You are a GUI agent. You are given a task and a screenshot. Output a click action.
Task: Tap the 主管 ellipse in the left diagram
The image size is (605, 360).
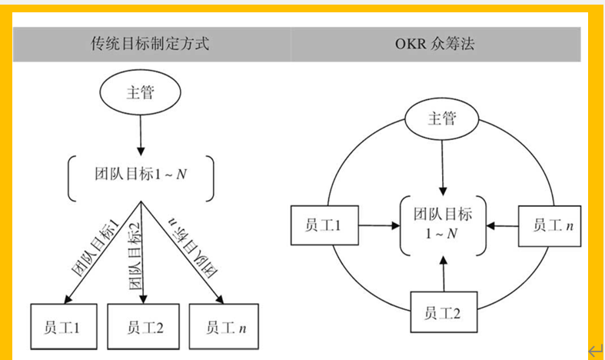point(140,94)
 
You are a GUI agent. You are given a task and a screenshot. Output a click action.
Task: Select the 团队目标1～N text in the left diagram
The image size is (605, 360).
point(140,175)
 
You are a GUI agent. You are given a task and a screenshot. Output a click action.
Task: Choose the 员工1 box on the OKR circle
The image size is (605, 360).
point(323,225)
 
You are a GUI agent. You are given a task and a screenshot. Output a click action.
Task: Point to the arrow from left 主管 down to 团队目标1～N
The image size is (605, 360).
point(140,135)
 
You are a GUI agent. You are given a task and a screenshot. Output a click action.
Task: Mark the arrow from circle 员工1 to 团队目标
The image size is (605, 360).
point(376,225)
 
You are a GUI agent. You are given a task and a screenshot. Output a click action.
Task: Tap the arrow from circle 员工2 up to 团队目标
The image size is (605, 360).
point(442,275)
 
